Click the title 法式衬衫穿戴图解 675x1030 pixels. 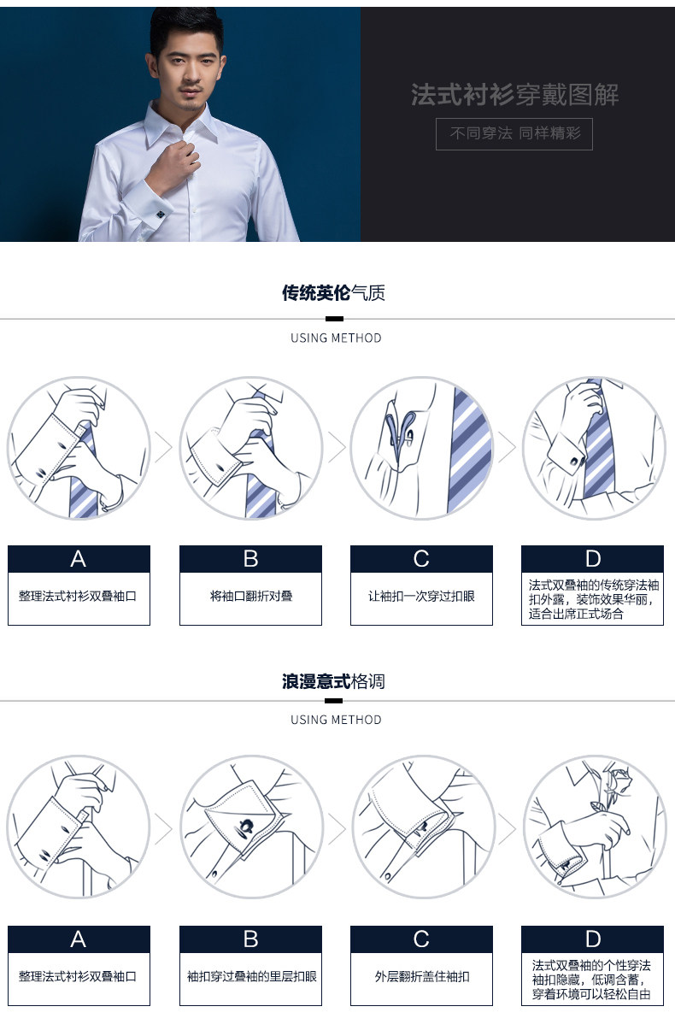pos(514,95)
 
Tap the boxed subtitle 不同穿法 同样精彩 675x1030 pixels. pos(514,134)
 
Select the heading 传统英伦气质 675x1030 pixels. pos(333,293)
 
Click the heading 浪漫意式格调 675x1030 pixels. pos(333,681)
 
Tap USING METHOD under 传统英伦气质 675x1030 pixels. pos(336,338)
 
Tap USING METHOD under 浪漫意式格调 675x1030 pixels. pos(336,720)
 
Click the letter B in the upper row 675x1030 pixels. pos(250,559)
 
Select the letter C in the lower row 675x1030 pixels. pos(421,939)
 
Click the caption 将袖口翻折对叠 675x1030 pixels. pos(250,596)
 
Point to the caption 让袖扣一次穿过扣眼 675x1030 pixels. pos(421,596)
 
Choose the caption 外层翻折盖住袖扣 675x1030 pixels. pos(421,976)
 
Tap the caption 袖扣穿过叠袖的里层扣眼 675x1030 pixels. pos(250,976)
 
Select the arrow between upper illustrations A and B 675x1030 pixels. pos(164,448)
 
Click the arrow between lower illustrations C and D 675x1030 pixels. pos(508,827)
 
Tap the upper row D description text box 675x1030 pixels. pos(593,598)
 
